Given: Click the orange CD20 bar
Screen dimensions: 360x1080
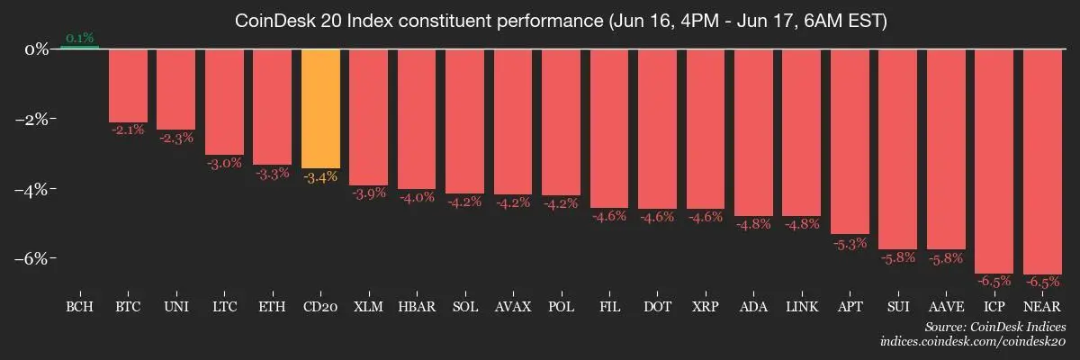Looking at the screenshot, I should pyautogui.click(x=320, y=108).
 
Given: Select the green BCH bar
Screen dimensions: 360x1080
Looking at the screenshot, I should pyautogui.click(x=80, y=47).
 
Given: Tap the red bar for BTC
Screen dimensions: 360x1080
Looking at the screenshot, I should pyautogui.click(x=128, y=85).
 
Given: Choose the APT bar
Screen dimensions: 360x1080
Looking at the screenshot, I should pyautogui.click(x=850, y=140).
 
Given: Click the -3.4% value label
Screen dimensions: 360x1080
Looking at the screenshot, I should pyautogui.click(x=320, y=177).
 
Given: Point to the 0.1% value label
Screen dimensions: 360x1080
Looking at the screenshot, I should pyautogui.click(x=80, y=38).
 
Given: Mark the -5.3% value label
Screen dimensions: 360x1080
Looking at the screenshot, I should pyautogui.click(x=850, y=243).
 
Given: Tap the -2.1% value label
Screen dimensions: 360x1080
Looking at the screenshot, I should pyautogui.click(x=128, y=130).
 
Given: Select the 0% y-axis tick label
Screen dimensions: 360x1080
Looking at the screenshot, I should pyautogui.click(x=36, y=49).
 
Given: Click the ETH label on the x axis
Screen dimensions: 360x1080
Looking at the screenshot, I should pyautogui.click(x=272, y=307).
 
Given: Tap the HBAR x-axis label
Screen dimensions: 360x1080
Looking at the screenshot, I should pyautogui.click(x=417, y=307).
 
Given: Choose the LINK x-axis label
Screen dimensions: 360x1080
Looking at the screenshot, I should pyautogui.click(x=801, y=307).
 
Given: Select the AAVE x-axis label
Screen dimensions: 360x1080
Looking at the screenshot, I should pyautogui.click(x=946, y=307).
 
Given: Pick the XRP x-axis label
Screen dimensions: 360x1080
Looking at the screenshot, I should pyautogui.click(x=705, y=307).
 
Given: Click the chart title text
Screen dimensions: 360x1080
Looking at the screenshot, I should pyautogui.click(x=561, y=21).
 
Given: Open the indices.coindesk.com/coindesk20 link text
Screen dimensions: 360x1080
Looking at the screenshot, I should pyautogui.click(x=973, y=342).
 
